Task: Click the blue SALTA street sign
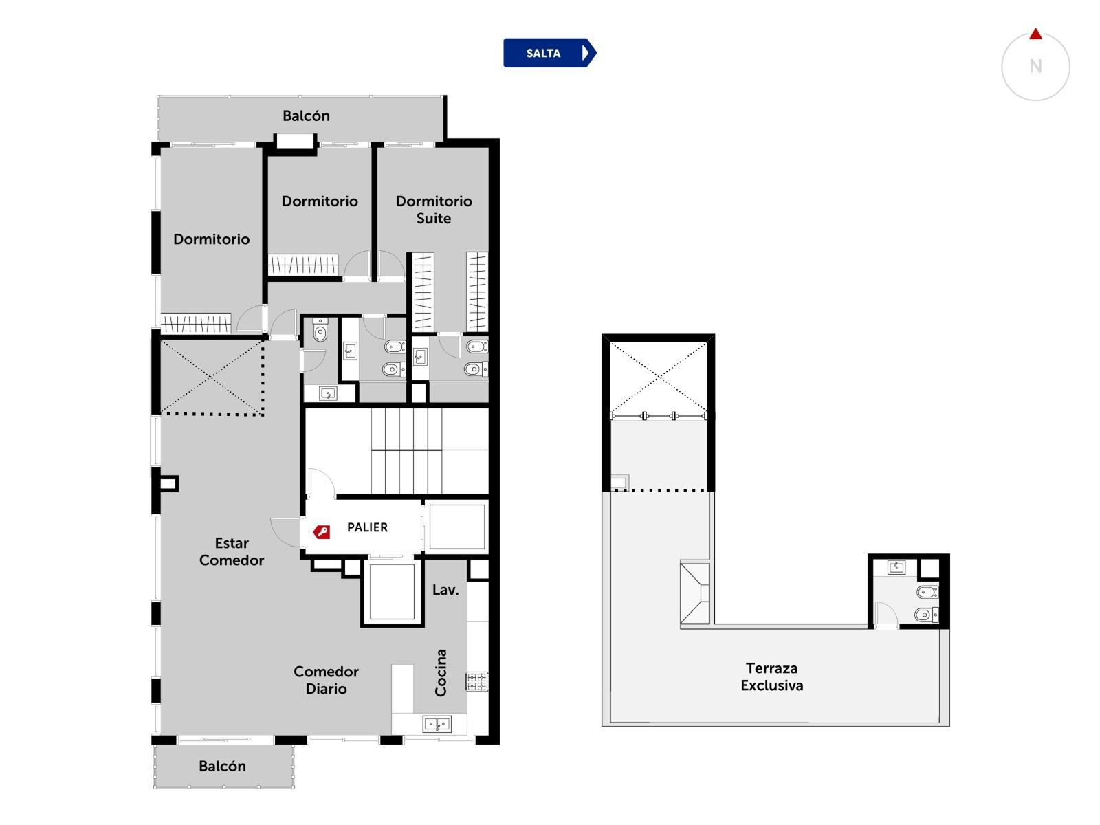549,53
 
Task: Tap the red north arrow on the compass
1035,34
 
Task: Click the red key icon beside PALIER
321,531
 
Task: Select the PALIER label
367,527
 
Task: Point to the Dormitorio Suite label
434,210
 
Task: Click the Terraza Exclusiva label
772,676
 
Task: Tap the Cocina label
441,672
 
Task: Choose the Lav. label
445,590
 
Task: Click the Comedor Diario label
326,680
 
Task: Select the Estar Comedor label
232,551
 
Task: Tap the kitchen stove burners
476,682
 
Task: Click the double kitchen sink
437,724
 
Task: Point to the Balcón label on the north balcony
306,115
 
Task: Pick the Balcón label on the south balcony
222,766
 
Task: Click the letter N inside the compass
1035,66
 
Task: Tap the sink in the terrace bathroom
896,568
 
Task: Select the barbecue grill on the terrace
694,593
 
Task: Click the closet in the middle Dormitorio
302,265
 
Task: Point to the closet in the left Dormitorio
195,324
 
